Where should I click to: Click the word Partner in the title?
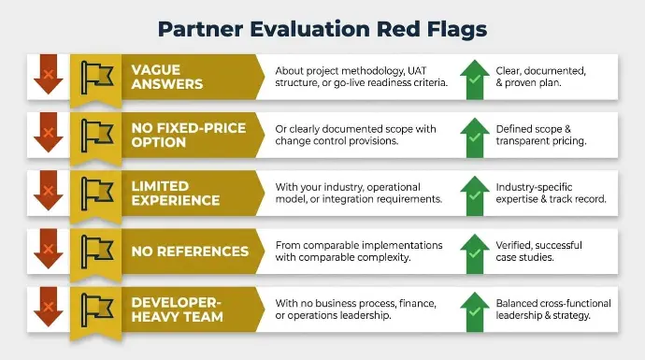200,29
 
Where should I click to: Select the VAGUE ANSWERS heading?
167,77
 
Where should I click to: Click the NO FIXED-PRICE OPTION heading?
189,135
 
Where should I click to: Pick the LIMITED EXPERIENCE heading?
176,193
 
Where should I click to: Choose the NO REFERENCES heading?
190,252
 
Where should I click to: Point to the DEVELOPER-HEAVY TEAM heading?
178,310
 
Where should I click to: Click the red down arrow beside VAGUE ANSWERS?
49,74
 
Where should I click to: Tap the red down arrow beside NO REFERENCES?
49,249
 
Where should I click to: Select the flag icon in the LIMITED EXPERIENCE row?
97,194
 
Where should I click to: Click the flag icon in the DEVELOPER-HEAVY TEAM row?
97,310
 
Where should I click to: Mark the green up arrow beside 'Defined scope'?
475,137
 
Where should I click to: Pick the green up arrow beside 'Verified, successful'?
475,254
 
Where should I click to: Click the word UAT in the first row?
417,71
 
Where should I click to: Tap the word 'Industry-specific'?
534,188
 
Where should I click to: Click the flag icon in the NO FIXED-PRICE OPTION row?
97,136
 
